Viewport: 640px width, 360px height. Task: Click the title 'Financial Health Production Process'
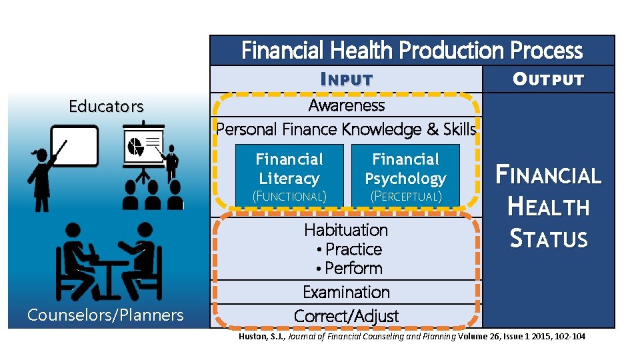tap(411, 51)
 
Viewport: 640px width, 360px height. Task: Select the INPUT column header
tap(346, 79)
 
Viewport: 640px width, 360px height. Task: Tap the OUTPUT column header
tap(548, 79)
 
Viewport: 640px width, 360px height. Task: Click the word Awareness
tap(346, 105)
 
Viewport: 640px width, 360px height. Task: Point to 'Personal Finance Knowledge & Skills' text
tap(346, 129)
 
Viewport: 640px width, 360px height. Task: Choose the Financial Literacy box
tap(289, 169)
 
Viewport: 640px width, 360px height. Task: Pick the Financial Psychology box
tap(405, 169)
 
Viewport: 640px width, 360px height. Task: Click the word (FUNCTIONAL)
tap(289, 197)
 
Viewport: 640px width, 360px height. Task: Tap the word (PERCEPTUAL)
tap(405, 197)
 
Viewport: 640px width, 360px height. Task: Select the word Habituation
tap(346, 230)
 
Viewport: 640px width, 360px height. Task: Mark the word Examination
tap(346, 292)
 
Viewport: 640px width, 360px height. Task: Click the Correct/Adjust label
tap(346, 316)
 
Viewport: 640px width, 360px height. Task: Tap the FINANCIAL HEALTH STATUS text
tap(548, 207)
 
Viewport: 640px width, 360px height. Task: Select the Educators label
tap(106, 107)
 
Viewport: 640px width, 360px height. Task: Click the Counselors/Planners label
tap(105, 315)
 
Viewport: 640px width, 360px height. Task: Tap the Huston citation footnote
tap(412, 337)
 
